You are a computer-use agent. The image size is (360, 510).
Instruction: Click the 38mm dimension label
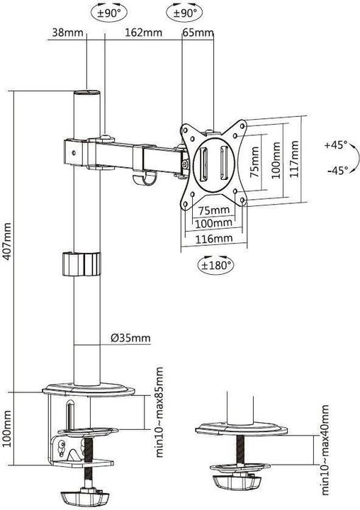coord(63,33)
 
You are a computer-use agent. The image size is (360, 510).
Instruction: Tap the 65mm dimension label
coord(198,33)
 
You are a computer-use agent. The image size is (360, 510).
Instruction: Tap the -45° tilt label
coord(335,170)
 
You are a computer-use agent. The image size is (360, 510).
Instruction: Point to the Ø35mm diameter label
coord(130,338)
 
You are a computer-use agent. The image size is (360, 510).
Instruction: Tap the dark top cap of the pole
coord(88,93)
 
